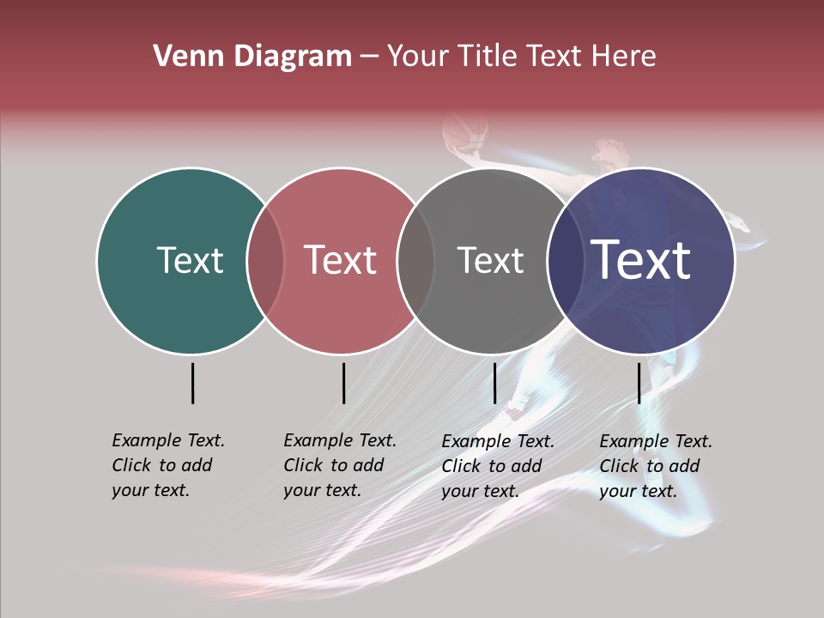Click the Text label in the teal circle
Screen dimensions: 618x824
(190, 260)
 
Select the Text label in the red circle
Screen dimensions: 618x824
(340, 260)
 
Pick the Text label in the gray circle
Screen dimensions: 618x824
(490, 260)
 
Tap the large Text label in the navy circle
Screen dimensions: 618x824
(641, 260)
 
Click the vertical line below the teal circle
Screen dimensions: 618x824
(193, 383)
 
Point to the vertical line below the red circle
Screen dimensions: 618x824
(343, 383)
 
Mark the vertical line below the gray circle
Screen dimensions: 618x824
(494, 383)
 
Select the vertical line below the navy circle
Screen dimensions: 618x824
(639, 383)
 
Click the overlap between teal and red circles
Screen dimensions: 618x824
(265, 260)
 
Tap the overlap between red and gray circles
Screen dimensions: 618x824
(415, 260)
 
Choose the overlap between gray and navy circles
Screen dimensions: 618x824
(562, 260)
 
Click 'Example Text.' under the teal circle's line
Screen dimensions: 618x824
(168, 440)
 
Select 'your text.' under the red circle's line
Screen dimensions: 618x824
(322, 490)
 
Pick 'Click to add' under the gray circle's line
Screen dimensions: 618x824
(492, 466)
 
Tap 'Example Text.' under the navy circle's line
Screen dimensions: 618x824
(656, 441)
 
